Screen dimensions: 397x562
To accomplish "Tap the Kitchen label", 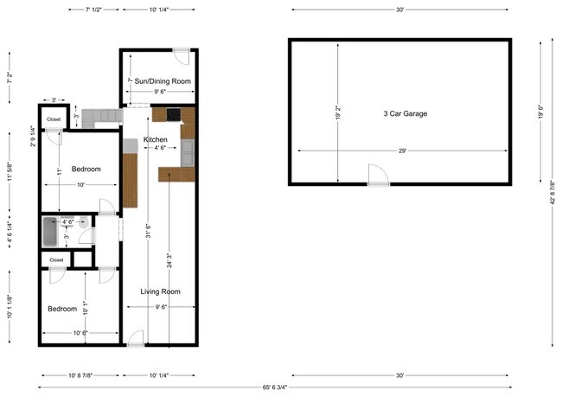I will point(156,139).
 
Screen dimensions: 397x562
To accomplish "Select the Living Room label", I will point(160,291).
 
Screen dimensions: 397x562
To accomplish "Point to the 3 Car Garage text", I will point(405,113).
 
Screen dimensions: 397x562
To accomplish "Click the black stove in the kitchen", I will point(173,113).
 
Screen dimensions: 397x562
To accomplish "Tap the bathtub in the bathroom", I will point(52,233).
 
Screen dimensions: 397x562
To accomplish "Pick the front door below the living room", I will point(136,340).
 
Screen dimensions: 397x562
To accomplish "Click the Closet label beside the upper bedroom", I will point(54,119).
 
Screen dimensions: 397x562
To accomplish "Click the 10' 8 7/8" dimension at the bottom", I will point(80,375).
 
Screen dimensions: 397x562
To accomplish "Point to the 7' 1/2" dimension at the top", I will point(93,10).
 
